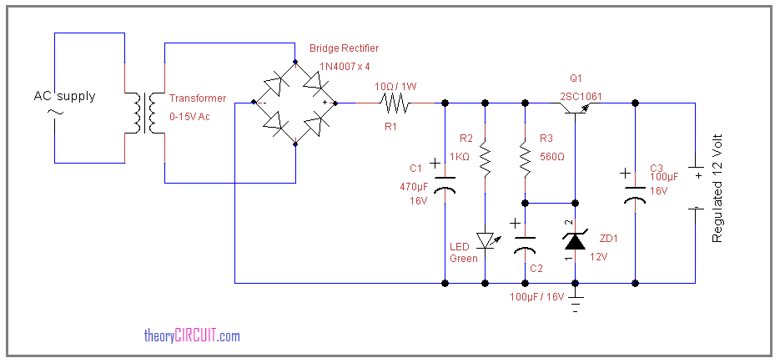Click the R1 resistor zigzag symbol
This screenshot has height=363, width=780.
(395, 103)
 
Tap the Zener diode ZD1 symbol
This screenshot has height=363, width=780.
(576, 241)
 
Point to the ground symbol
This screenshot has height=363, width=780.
(576, 302)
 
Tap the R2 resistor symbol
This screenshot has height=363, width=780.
(485, 159)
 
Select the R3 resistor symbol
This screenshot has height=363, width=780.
(525, 159)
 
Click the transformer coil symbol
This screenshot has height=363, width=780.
(145, 113)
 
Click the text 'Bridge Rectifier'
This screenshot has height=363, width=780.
(344, 48)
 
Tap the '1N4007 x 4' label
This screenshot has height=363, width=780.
(345, 66)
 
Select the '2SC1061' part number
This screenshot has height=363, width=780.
(581, 97)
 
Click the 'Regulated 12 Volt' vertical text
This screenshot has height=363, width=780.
(717, 188)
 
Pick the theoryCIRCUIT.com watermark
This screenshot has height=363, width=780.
(192, 335)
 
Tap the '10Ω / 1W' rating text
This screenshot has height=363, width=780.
(395, 86)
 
